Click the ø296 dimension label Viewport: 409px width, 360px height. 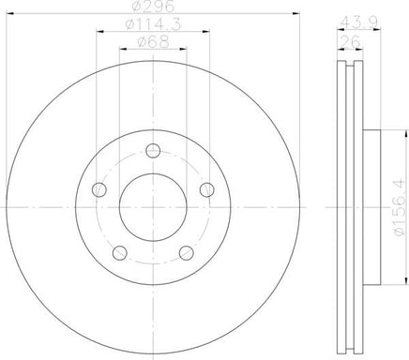pyautogui.click(x=153, y=7)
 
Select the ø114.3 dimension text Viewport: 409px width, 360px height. pyautogui.click(x=153, y=24)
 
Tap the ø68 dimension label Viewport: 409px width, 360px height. pyautogui.click(x=153, y=42)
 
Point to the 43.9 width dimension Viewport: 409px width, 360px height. pyautogui.click(x=359, y=22)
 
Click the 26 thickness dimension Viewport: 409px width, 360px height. pyautogui.click(x=351, y=41)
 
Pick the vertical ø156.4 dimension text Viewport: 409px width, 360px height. pyautogui.click(x=400, y=208)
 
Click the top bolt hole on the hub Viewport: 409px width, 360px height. pyautogui.click(x=153, y=151)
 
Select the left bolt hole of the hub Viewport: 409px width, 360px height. pyautogui.click(x=99, y=189)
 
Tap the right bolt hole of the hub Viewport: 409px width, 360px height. pyautogui.click(x=206, y=189)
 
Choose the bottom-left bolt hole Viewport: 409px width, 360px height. pyautogui.click(x=120, y=253)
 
